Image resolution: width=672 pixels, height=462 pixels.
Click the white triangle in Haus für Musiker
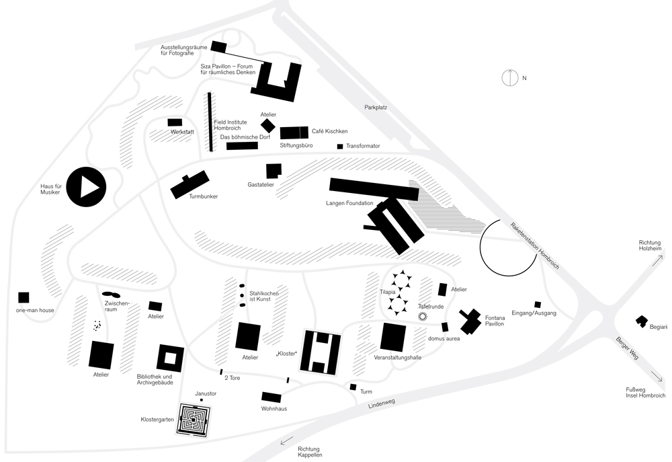pyautogui.click(x=88, y=187)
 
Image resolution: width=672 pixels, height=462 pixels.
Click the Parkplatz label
pyautogui.click(x=376, y=108)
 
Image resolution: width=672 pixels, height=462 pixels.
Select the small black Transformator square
pyautogui.click(x=340, y=147)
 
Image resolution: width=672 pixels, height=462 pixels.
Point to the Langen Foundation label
pyautogui.click(x=349, y=202)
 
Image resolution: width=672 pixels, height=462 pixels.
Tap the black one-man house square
pyautogui.click(x=24, y=297)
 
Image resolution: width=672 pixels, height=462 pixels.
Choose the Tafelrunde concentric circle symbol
pyautogui.click(x=423, y=316)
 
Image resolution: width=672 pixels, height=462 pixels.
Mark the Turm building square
pyautogui.click(x=353, y=387)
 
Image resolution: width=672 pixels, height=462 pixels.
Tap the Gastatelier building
pyautogui.click(x=274, y=171)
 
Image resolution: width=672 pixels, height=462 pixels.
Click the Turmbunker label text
pyautogui.click(x=204, y=196)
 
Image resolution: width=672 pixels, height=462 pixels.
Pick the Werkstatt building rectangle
pyautogui.click(x=175, y=122)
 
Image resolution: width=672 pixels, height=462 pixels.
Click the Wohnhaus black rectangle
pyautogui.click(x=271, y=397)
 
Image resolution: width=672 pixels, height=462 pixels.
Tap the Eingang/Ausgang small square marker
pyautogui.click(x=537, y=304)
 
